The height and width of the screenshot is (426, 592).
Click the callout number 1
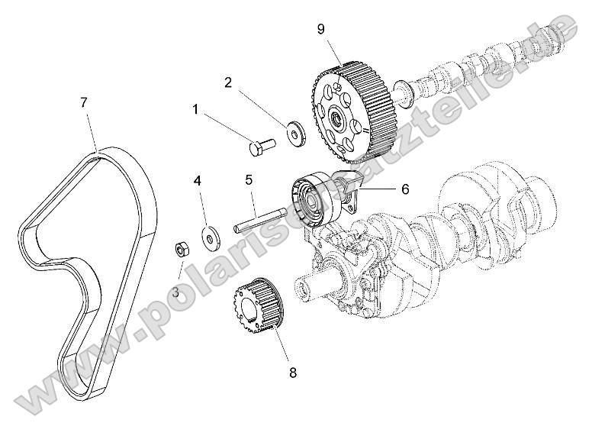pos(195,110)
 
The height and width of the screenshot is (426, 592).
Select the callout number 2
pos(227,82)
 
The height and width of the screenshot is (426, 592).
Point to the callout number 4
pos(197,181)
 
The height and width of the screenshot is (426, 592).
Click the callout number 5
pos(249,180)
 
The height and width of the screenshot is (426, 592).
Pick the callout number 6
pos(384,186)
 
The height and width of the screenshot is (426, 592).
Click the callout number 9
pos(321,30)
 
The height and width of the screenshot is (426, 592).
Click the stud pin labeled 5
pos(259,218)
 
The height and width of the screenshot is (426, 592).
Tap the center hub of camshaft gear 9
pos(334,120)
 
